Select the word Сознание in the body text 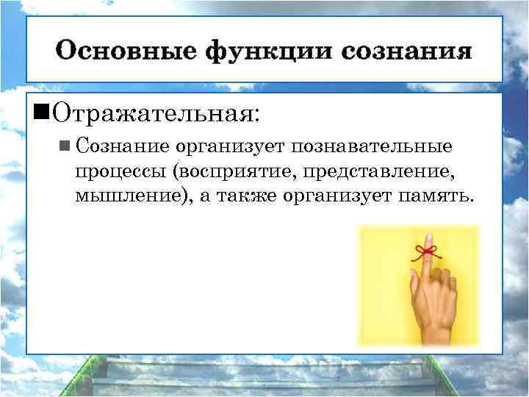(x=122, y=146)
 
